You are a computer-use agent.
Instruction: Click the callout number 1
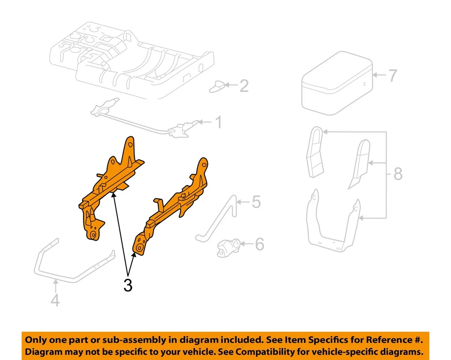(x=218, y=123)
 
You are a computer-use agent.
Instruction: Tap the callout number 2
(x=243, y=86)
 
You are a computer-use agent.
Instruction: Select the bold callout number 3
(x=128, y=285)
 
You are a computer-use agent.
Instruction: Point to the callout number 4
(x=55, y=300)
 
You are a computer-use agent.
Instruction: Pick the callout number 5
(x=256, y=202)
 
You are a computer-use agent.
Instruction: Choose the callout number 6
(x=259, y=244)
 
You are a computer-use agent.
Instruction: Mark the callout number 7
(x=392, y=75)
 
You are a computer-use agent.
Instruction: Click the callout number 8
(x=398, y=174)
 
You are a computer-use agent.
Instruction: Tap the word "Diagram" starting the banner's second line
(x=45, y=352)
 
